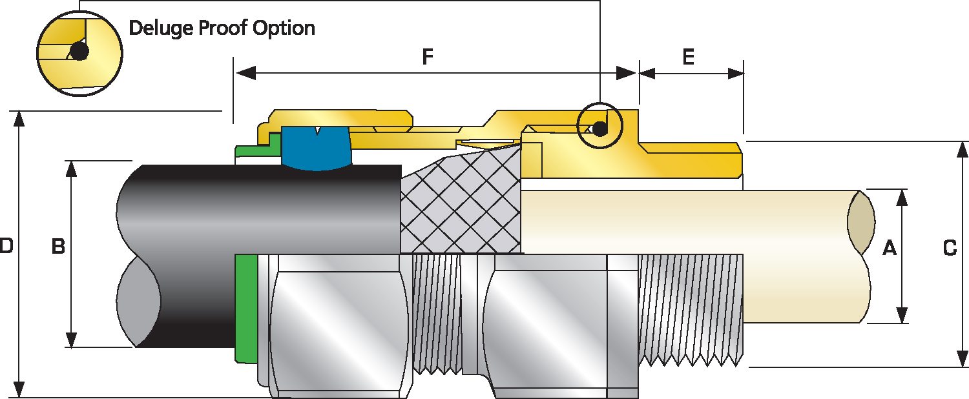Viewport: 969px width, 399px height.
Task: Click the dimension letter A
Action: tap(889, 247)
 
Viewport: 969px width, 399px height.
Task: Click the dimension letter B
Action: tap(57, 247)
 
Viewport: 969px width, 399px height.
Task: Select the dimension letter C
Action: tap(950, 247)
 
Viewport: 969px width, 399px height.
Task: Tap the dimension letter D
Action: tap(6, 246)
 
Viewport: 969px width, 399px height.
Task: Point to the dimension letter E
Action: tap(689, 57)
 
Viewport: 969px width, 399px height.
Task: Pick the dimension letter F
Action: tap(427, 57)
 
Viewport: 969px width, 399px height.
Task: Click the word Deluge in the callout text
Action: tap(155, 28)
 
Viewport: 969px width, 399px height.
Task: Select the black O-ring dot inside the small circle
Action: tap(600, 128)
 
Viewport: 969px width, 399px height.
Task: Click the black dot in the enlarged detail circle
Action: tap(79, 52)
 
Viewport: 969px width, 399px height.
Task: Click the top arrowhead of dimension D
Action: tap(20, 119)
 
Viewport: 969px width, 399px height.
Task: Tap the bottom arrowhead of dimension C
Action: tap(963, 359)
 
